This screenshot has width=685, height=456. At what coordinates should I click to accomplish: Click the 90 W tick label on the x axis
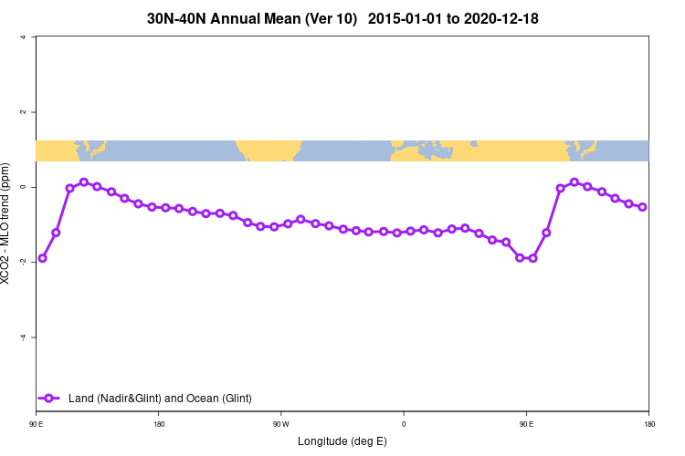click(x=280, y=424)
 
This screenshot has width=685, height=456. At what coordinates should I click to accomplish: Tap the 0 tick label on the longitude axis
click(x=404, y=424)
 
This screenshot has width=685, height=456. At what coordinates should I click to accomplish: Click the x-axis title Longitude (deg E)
click(x=342, y=441)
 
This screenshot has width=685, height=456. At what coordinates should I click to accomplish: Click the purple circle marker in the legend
click(x=49, y=398)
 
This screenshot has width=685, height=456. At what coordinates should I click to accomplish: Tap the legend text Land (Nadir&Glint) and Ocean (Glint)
click(x=160, y=398)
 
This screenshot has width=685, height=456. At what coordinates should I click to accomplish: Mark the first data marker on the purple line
click(x=42, y=258)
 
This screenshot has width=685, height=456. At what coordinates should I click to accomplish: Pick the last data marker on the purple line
click(x=642, y=207)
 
